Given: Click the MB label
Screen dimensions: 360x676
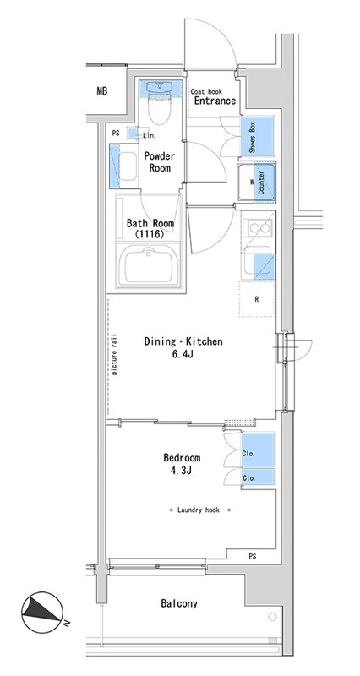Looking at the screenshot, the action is [101, 91].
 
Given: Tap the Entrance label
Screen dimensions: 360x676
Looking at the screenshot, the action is [215, 101].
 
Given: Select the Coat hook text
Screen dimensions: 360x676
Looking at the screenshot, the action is [206, 91].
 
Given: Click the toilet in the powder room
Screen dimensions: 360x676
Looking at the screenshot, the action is [159, 102].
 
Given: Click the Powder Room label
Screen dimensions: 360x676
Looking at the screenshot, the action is [159, 161].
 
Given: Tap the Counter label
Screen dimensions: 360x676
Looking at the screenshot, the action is [261, 182].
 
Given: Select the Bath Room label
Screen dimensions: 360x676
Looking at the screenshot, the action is [150, 223].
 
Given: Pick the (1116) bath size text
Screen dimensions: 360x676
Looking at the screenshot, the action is [150, 235].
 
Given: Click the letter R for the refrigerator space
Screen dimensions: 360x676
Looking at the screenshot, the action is [257, 300].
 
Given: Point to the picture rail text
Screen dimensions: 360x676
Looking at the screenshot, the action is [115, 354].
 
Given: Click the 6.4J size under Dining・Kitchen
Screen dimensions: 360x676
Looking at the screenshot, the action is [183, 354].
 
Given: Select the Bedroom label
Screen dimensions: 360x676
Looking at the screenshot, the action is [182, 458].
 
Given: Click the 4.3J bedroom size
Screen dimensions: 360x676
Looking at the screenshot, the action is [180, 470].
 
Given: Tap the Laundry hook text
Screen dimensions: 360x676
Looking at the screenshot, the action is [199, 510].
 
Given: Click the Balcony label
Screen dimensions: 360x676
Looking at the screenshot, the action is [179, 603].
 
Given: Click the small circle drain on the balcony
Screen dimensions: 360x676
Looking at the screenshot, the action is [272, 617].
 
